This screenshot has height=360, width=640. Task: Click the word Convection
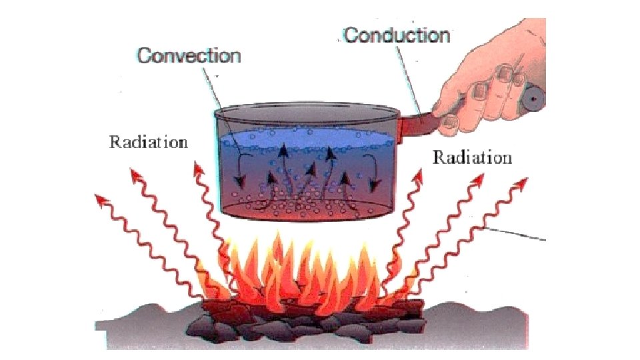coord(189,55)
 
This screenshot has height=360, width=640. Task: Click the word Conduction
coord(397,35)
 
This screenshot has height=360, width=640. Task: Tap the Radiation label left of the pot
coord(149,142)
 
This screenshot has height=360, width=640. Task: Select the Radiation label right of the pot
coord(472,158)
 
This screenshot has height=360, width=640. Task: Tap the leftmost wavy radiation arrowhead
coord(101,198)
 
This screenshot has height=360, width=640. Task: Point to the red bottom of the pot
coord(307,212)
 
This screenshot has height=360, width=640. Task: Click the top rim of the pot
coord(307,107)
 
